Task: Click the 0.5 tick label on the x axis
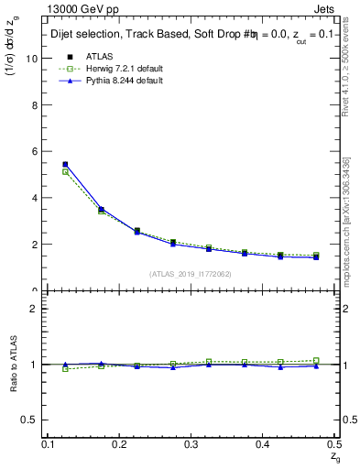[336, 444]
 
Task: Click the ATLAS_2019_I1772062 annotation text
[191, 274]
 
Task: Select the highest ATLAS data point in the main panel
[65, 165]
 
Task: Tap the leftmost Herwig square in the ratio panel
[65, 368]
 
